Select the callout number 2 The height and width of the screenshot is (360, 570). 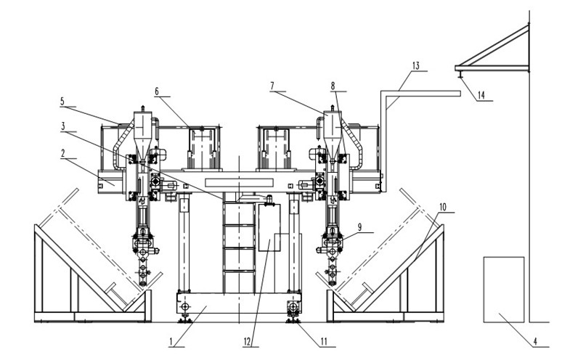63,155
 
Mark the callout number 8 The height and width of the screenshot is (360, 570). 333,86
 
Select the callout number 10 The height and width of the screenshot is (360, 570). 443,206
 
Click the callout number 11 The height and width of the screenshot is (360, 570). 314,339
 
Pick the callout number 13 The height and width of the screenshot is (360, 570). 415,65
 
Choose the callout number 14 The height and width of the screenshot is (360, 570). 481,95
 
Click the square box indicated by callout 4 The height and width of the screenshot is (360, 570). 503,289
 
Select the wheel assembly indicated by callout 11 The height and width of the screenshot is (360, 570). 293,310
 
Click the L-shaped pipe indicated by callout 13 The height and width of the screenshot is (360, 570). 383,138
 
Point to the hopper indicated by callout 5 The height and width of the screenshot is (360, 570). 142,131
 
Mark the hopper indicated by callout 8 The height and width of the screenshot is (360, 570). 333,131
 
